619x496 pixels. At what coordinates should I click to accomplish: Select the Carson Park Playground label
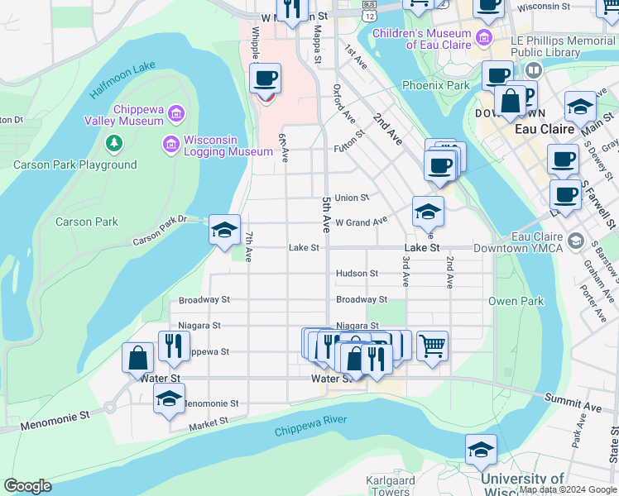(74, 165)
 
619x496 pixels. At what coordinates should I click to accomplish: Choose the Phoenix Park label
(435, 85)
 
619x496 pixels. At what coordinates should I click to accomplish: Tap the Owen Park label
(516, 301)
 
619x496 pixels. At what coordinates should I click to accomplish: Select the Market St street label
(208, 422)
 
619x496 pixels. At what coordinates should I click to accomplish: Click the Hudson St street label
(357, 274)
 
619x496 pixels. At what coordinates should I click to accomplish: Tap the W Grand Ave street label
(361, 222)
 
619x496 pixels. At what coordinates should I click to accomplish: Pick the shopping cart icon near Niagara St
(432, 345)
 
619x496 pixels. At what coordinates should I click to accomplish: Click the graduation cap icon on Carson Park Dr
(224, 230)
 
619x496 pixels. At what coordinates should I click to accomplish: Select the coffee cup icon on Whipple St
(265, 79)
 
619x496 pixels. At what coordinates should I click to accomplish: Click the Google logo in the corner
(27, 486)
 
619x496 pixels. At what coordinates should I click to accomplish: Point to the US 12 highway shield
(368, 11)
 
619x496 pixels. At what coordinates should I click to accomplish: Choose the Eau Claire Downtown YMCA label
(537, 243)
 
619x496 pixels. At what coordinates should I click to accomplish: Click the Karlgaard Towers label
(389, 486)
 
